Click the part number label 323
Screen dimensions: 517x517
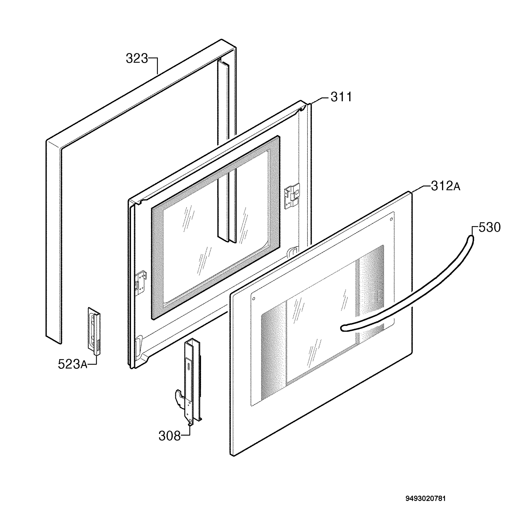click(x=137, y=59)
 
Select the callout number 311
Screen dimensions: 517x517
click(x=341, y=97)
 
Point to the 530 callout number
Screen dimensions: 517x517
click(x=489, y=227)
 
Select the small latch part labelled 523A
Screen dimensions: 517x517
click(x=94, y=331)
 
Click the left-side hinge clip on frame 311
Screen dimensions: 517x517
click(x=141, y=283)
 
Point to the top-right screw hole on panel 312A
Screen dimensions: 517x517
click(x=391, y=219)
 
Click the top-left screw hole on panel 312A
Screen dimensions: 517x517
click(x=254, y=298)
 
